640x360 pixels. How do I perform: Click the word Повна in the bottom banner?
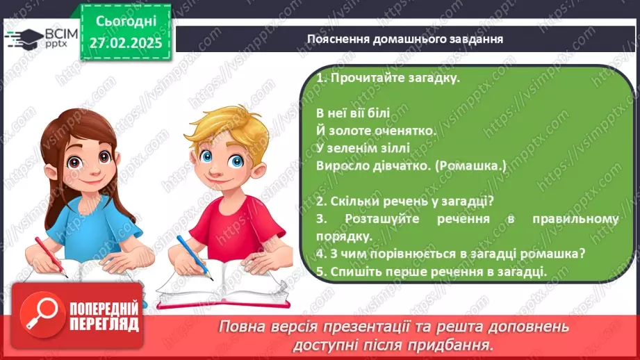tap(241, 326)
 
